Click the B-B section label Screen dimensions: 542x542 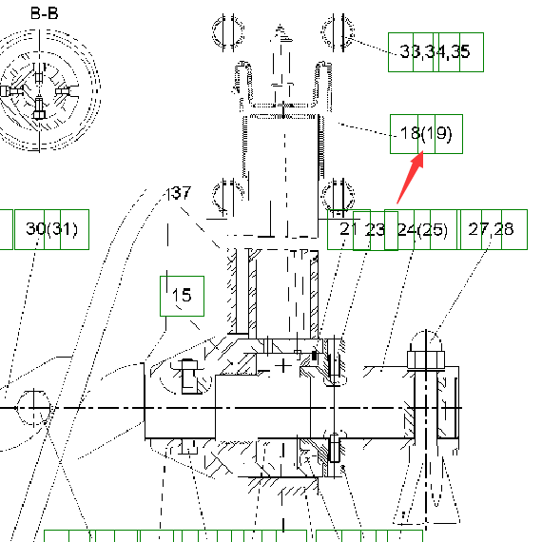pos(45,13)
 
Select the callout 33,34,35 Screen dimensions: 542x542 pos(435,51)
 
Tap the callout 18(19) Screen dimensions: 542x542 pos(426,133)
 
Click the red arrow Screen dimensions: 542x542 pos(410,178)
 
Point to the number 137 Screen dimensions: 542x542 pos(178,193)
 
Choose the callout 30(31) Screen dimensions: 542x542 pos(52,229)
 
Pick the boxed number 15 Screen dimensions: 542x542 pos(182,295)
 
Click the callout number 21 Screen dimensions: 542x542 pos(346,228)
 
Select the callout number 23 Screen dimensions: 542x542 pos(375,229)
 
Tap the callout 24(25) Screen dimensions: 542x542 pos(422,229)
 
